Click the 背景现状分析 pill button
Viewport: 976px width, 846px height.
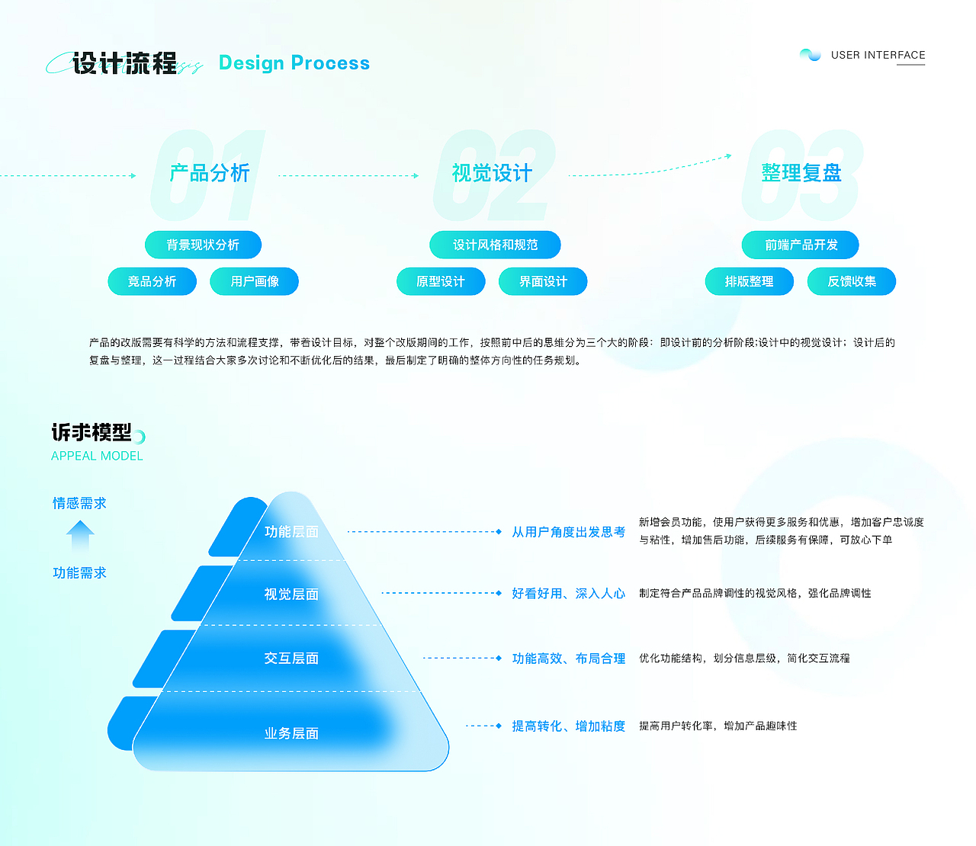pos(203,245)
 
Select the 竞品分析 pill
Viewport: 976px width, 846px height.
pos(152,281)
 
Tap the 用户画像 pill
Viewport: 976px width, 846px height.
pos(255,281)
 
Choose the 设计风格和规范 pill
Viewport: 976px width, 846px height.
pos(496,245)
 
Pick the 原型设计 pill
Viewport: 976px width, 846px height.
pos(441,281)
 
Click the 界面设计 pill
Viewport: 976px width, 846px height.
pos(543,281)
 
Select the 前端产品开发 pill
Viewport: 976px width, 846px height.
pos(801,245)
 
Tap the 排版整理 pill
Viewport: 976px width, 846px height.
pos(750,281)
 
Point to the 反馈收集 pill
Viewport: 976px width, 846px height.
pos(852,281)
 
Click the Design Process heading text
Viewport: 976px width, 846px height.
pos(294,63)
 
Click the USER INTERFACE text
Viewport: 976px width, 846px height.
pos(878,55)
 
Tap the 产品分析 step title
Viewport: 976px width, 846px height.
pos(210,173)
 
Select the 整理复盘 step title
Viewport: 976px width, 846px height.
pos(801,173)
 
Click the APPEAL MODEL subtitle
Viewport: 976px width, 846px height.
pos(97,456)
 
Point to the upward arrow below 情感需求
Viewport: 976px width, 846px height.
pos(80,536)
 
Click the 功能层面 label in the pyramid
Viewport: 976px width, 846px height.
pos(291,531)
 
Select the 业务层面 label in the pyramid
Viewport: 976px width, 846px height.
pos(291,733)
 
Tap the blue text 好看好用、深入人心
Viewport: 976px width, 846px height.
pos(569,594)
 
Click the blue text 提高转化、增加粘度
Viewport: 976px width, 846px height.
pos(569,726)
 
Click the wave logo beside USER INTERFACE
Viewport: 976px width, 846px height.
pos(811,55)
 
